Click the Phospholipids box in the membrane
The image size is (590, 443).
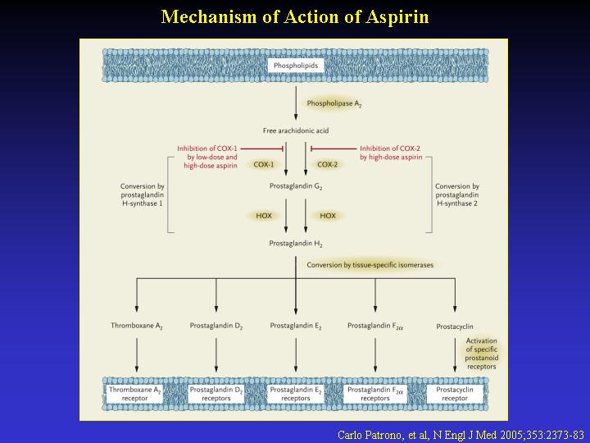296,66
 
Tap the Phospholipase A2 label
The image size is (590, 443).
334,103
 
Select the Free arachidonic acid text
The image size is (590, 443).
296,130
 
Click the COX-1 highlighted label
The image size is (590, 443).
263,165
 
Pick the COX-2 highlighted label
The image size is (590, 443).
327,165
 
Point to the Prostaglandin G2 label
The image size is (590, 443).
296,186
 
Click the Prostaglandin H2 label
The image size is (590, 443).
296,244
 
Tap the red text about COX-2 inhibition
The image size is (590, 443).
391,153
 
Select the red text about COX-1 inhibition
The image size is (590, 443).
207,157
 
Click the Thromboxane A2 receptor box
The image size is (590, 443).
135,394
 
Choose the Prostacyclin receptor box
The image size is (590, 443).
455,394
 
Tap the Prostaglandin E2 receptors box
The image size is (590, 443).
296,394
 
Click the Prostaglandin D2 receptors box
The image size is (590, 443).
216,394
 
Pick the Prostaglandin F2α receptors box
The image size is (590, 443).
375,394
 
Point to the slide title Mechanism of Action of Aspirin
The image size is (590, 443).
295,17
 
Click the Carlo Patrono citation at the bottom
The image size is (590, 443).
461,435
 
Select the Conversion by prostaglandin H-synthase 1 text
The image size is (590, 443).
143,194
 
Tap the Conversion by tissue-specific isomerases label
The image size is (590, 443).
370,265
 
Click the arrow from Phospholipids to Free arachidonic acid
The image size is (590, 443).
296,103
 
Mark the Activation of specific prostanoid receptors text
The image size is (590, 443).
482,354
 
